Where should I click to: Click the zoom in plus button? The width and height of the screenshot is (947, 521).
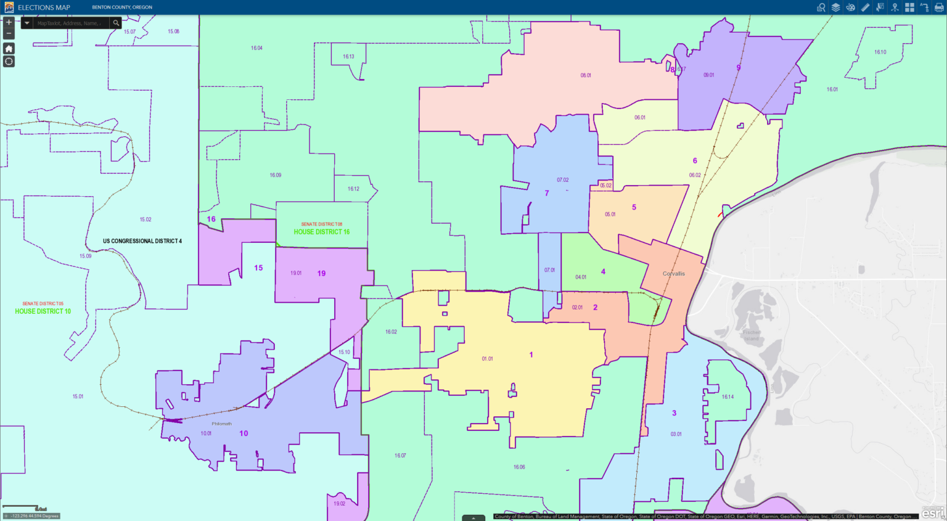pos(9,22)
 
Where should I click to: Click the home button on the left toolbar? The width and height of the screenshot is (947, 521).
pos(9,48)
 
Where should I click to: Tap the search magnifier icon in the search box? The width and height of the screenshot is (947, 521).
pos(116,23)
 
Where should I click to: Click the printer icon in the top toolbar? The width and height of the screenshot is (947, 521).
pos(939,7)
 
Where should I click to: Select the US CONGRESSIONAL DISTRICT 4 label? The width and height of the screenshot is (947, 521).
pos(142,241)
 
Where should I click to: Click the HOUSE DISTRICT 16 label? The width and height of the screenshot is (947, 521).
pos(321,232)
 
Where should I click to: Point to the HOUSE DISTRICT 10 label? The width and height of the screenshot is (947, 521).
pos(43,311)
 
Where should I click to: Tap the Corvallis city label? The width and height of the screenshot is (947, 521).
pos(673,274)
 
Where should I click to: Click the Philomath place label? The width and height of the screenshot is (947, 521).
pos(222,424)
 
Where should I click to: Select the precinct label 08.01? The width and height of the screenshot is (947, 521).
pos(586,75)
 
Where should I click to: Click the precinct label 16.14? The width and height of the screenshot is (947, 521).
pos(728,397)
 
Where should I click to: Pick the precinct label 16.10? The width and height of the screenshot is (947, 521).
pos(880,52)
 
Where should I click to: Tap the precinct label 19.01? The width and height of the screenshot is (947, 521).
pos(296,273)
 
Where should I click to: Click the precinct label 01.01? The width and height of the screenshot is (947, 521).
pos(487,359)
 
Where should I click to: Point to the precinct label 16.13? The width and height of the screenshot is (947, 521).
pos(348,57)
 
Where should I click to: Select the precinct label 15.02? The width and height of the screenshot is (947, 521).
pos(146,219)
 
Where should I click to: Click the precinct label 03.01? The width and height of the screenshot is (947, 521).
pos(676,434)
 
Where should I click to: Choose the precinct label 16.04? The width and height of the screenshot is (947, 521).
pos(256,48)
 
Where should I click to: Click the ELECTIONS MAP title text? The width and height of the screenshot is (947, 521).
pos(44,7)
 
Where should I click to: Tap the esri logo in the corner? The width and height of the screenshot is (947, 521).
pos(932,512)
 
